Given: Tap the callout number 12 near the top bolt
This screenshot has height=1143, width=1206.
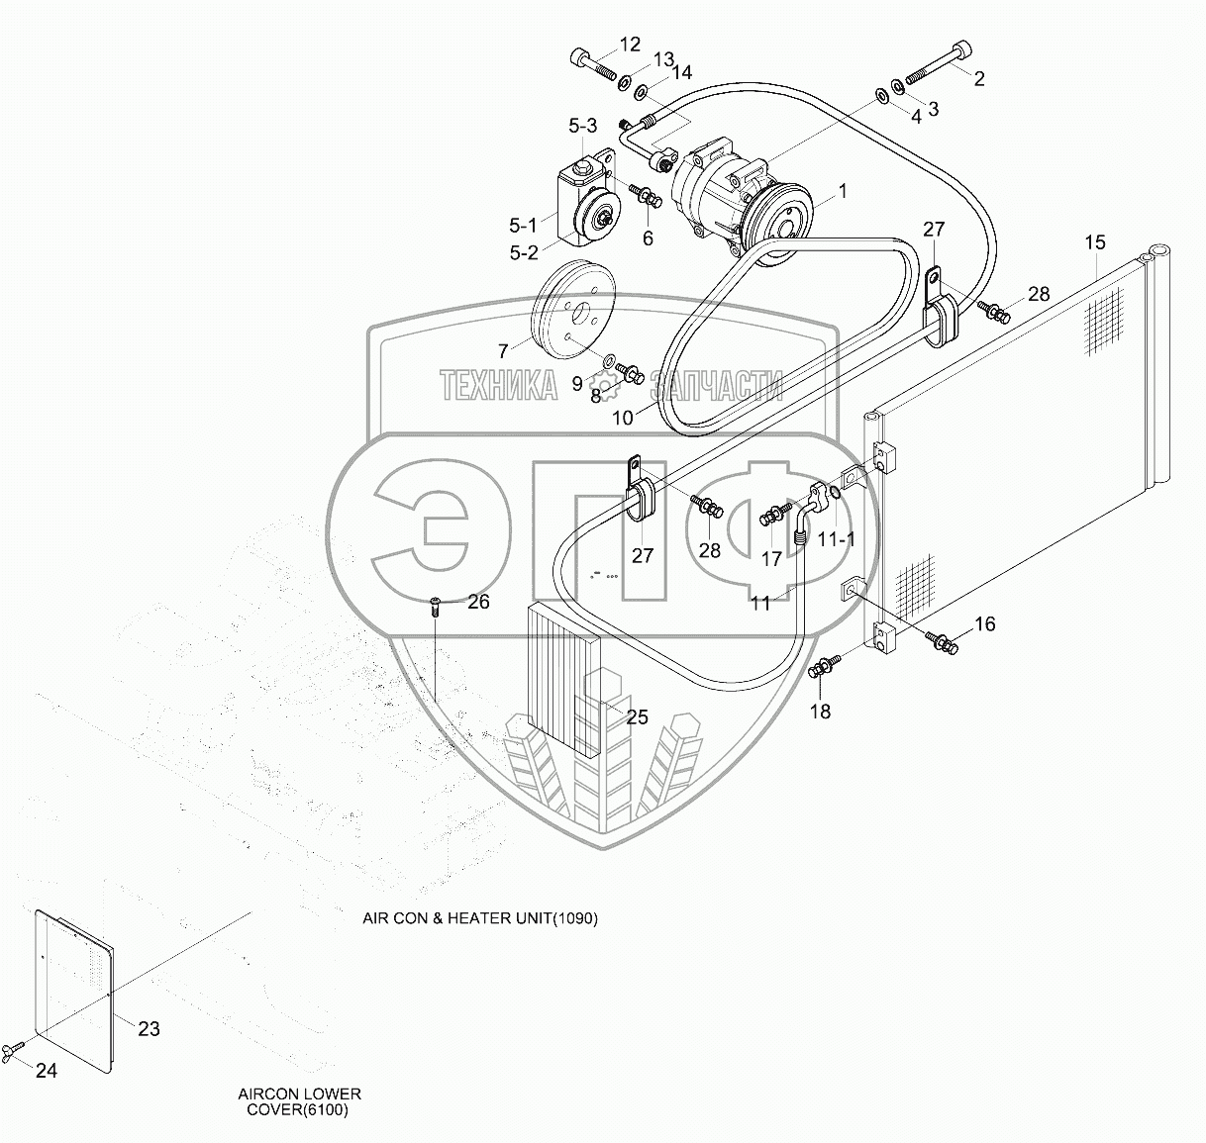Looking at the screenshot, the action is [x=630, y=45].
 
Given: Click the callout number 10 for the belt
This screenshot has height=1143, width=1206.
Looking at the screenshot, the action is [x=622, y=419].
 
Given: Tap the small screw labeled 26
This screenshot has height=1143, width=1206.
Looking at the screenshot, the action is [x=435, y=607].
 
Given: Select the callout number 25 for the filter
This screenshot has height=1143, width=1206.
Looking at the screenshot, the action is [x=637, y=716].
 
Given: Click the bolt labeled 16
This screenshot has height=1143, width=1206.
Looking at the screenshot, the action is [x=943, y=643].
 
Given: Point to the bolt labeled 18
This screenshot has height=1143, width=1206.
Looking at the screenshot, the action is [x=823, y=666].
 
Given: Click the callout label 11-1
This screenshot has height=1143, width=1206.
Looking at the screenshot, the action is [x=837, y=539].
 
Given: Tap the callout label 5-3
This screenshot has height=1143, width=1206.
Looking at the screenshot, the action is [x=582, y=126].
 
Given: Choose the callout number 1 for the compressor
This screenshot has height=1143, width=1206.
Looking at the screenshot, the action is [x=843, y=191].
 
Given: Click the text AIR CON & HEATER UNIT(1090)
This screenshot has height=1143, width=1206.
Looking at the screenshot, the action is [x=479, y=918].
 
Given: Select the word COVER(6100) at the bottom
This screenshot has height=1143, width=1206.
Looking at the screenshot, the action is [x=297, y=1110].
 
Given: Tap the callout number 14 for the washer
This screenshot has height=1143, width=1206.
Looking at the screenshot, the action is [x=681, y=72].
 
